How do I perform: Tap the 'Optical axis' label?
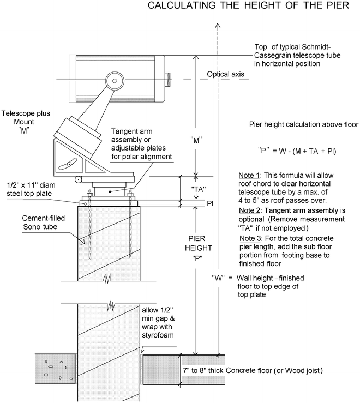coord(224,74)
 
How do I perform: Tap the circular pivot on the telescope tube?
coord(114,80)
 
